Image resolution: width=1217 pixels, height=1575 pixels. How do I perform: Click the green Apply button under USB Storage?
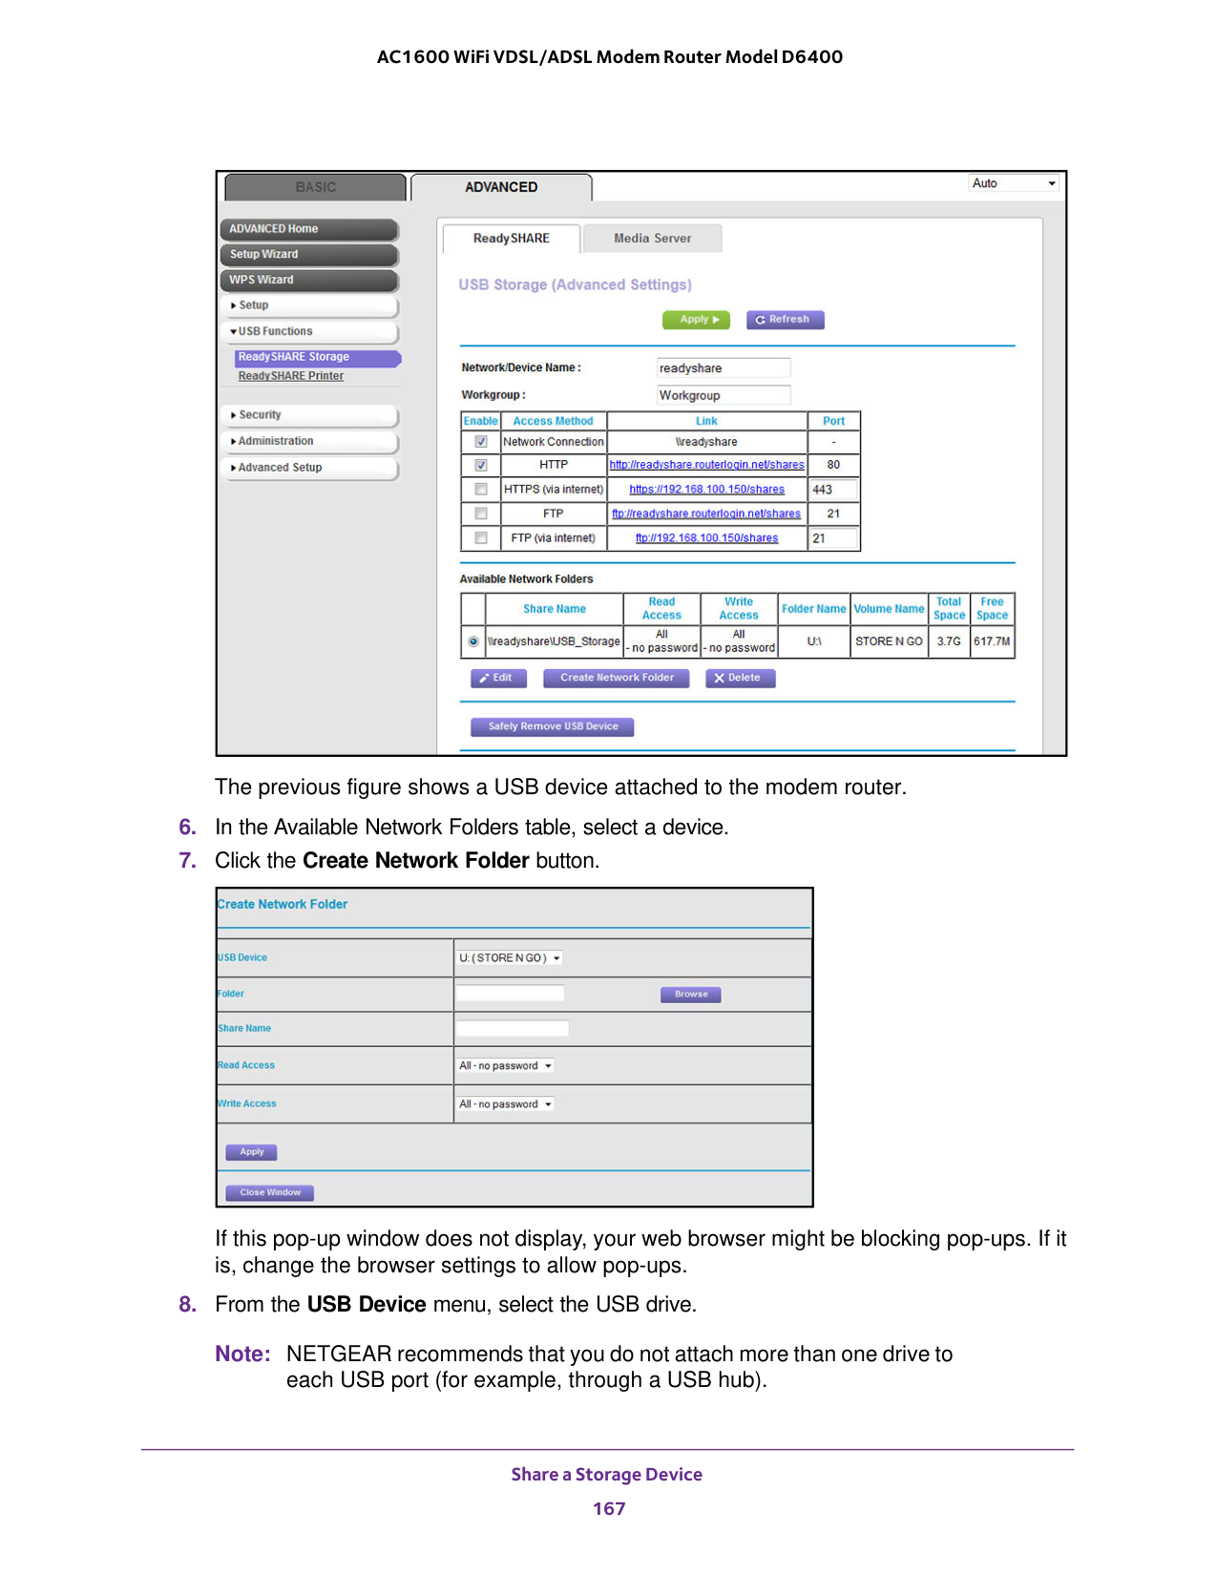point(696,320)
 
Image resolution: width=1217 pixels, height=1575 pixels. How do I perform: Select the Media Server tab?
point(652,239)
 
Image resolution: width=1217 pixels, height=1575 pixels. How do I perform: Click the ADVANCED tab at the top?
point(501,187)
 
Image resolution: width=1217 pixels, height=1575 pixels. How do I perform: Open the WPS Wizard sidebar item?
point(309,280)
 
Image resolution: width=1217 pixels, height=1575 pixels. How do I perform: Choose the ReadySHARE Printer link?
point(291,376)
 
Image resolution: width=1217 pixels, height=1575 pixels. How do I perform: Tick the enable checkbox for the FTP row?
point(481,514)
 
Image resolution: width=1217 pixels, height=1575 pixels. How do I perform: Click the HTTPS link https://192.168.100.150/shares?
point(706,490)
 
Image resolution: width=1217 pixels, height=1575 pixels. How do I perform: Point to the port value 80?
point(833,465)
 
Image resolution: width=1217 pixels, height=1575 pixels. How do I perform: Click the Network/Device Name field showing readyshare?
point(724,368)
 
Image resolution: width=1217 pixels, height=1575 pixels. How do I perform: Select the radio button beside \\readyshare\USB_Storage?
point(473,641)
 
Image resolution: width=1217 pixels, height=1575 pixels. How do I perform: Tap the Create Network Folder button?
point(617,678)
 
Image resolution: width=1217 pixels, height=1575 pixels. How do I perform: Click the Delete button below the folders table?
point(740,678)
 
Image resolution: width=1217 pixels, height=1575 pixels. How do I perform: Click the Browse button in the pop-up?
point(691,995)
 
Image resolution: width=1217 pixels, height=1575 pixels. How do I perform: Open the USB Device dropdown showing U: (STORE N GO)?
point(510,958)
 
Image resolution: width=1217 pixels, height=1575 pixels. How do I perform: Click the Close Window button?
point(270,1192)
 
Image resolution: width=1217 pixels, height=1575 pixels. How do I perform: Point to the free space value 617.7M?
point(992,641)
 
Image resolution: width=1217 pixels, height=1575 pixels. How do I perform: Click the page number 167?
point(609,1508)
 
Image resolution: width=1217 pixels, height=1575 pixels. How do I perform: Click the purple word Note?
point(242,1354)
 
